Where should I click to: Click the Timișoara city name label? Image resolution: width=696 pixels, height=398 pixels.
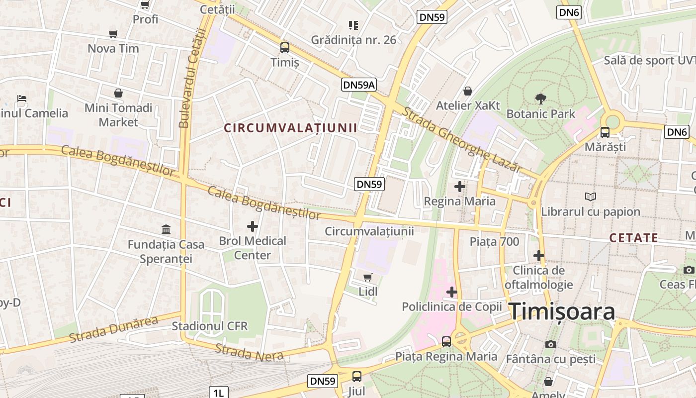point(562,311)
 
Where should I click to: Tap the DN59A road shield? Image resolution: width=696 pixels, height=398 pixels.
point(359,85)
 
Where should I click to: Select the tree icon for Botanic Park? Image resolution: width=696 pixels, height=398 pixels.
point(540,99)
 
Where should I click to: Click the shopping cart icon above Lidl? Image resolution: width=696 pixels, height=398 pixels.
point(368,277)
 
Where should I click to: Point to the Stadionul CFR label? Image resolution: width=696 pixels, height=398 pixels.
point(209,326)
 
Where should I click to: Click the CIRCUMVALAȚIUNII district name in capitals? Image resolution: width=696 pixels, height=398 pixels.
point(290,128)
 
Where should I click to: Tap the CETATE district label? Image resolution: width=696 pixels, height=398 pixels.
point(634,238)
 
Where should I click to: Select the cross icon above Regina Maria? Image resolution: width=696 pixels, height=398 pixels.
point(460,187)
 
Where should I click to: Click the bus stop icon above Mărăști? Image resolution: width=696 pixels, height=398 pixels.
point(605,132)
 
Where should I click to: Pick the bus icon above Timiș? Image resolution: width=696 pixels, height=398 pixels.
point(285,48)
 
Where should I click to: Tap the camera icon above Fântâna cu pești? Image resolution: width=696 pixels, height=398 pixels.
point(550,344)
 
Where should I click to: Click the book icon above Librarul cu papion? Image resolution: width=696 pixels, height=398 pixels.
point(591,197)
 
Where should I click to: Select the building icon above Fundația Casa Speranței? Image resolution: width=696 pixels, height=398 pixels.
point(166,230)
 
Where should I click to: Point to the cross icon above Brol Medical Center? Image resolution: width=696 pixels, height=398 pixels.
point(253,226)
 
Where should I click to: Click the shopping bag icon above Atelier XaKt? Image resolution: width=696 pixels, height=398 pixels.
point(468,91)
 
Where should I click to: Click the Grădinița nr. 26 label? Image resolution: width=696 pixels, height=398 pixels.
point(353,40)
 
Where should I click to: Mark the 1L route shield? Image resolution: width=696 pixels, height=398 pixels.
point(219,393)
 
